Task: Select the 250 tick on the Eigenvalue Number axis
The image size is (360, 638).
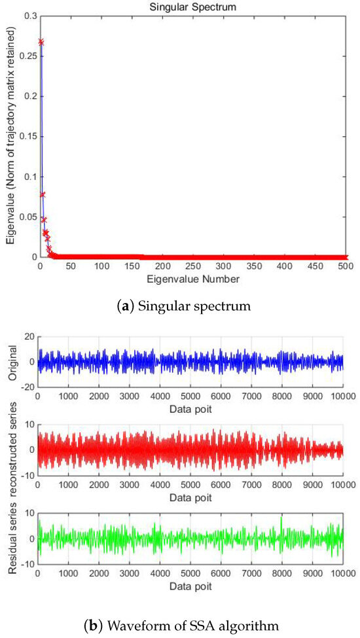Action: tap(193, 266)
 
